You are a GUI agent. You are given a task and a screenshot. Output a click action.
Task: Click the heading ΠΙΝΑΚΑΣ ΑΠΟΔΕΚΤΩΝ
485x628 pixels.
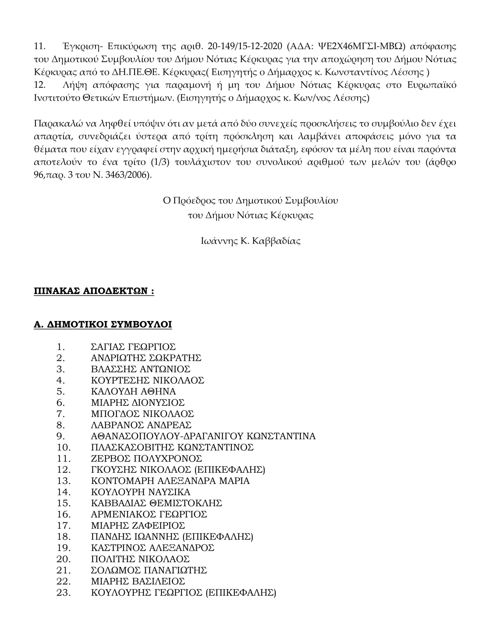pos(94,291)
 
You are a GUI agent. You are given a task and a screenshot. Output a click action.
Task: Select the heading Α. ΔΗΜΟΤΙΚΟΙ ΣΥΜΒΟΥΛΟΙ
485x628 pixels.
pos(103,324)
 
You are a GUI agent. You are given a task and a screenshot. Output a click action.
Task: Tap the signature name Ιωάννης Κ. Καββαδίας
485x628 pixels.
pos(250,241)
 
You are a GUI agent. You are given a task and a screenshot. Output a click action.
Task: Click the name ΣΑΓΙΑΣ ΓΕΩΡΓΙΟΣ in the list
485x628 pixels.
pos(133,347)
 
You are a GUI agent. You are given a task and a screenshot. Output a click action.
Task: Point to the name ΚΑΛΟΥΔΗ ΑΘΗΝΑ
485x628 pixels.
pos(133,391)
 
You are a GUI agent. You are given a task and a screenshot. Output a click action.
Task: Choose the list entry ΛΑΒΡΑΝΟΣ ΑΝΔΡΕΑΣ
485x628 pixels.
pos(141,425)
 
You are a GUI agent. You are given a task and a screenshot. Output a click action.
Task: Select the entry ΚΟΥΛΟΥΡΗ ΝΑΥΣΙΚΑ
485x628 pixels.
pos(140,492)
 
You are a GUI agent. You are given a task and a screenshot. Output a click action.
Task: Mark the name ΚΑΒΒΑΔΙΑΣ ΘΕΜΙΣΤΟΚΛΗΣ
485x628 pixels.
pos(156,503)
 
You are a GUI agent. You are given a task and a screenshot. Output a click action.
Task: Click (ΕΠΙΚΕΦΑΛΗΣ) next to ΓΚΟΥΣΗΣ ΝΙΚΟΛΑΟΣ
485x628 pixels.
pos(230,470)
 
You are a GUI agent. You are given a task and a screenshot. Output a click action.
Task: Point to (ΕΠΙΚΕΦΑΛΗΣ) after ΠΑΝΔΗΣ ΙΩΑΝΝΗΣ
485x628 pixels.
pos(218,536)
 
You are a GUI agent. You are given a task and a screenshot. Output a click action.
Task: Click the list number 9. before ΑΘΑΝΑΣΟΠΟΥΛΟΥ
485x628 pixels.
pos(60,436)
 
